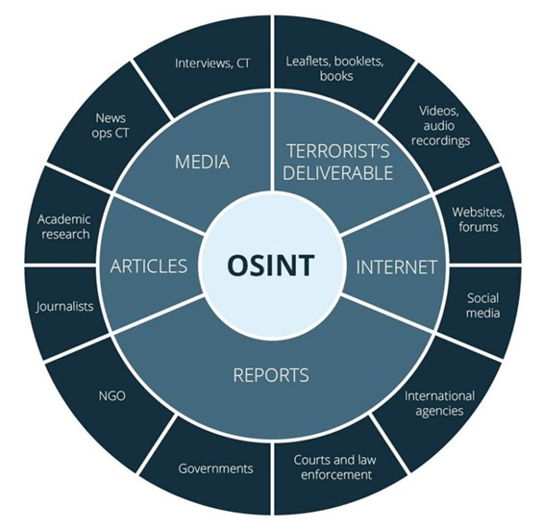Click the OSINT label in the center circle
click(271, 265)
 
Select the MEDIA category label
click(202, 162)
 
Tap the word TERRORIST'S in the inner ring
click(338, 151)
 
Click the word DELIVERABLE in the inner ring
click(338, 172)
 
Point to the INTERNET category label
click(397, 267)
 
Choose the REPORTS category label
click(271, 375)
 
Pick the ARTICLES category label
click(148, 266)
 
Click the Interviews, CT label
click(212, 63)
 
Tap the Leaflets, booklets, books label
click(335, 68)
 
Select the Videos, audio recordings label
click(440, 126)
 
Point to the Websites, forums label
click(478, 219)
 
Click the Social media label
click(482, 306)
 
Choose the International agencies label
click(439, 404)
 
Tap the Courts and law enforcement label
click(335, 468)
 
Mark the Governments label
click(216, 468)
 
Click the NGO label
click(112, 396)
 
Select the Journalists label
click(65, 306)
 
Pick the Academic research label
click(64, 227)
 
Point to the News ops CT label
click(111, 125)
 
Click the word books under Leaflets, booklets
click(336, 76)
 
